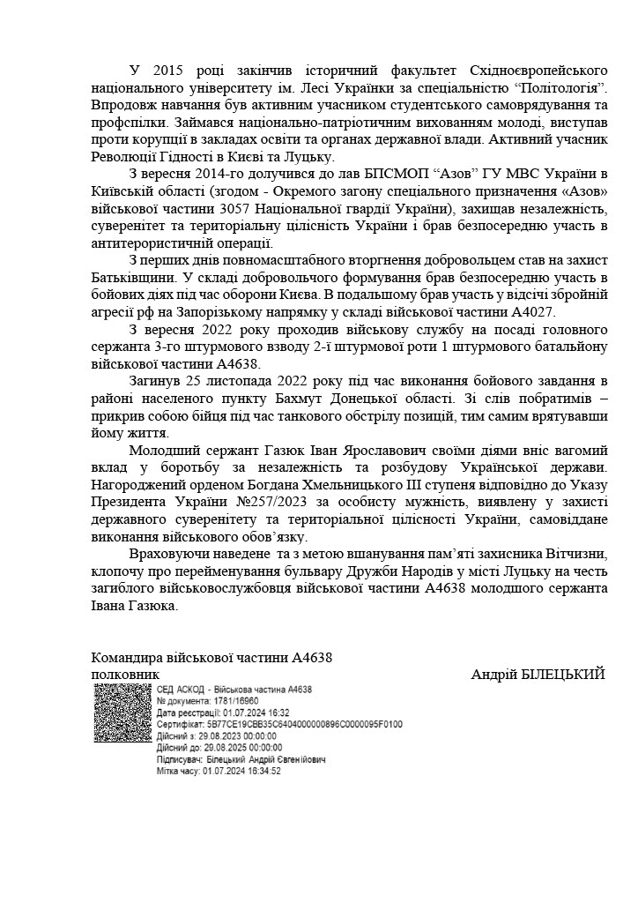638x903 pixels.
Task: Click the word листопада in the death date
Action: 238,380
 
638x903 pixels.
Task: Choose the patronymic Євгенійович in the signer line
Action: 293,758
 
